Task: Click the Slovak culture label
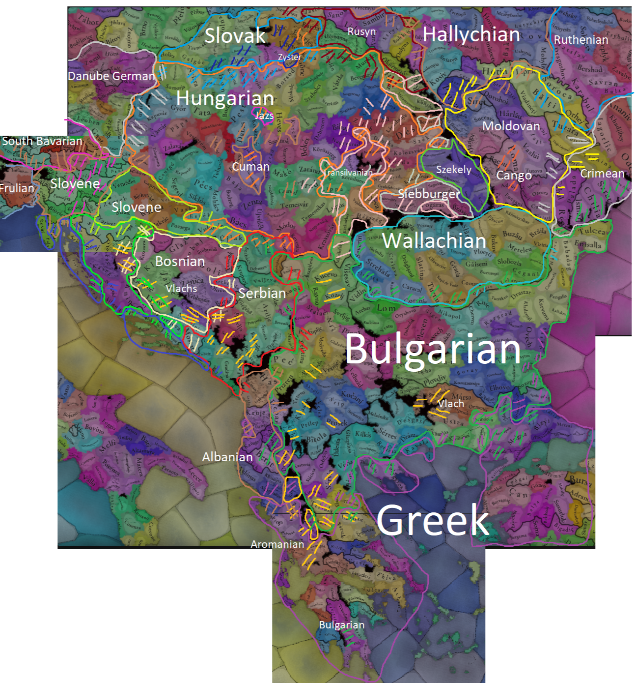(x=235, y=35)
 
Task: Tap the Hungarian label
(x=225, y=98)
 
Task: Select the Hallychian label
(x=471, y=34)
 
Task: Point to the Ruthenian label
(x=581, y=40)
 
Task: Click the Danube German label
(x=111, y=76)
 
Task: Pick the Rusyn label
(x=361, y=31)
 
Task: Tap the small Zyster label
(x=289, y=57)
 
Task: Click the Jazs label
(x=264, y=116)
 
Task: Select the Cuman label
(x=250, y=167)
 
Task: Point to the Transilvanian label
(x=348, y=173)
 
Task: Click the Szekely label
(x=454, y=170)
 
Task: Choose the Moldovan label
(x=511, y=126)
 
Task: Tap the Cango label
(x=514, y=176)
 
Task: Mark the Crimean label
(x=602, y=174)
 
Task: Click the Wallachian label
(x=434, y=240)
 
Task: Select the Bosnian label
(x=180, y=261)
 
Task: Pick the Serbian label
(x=262, y=293)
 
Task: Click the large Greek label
(x=433, y=520)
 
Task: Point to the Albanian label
(x=227, y=457)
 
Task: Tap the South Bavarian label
(x=42, y=141)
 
